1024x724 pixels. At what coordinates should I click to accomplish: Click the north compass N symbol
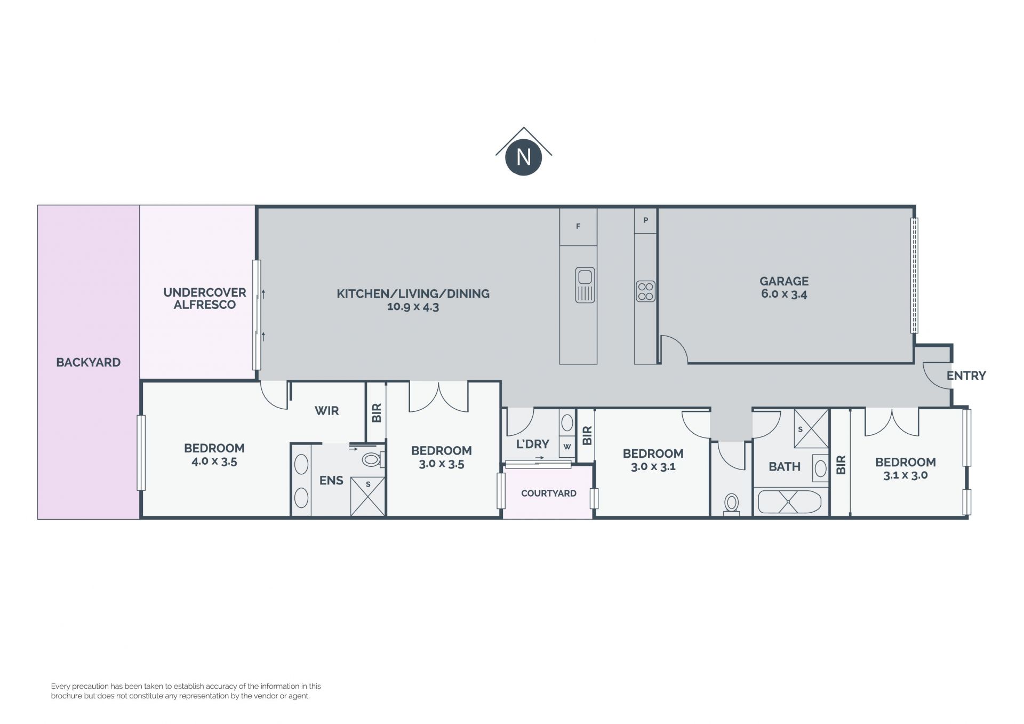[x=523, y=157]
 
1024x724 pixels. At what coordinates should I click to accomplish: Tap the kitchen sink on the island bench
[x=585, y=285]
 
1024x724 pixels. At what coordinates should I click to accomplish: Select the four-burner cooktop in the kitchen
[x=645, y=291]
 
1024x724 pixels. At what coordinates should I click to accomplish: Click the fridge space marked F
[x=578, y=227]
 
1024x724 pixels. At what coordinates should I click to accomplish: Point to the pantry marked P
[x=645, y=220]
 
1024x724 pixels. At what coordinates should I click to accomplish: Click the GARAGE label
[x=784, y=281]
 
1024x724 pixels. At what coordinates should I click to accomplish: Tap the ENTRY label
[x=966, y=376]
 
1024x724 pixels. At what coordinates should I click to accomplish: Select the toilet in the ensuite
[x=373, y=459]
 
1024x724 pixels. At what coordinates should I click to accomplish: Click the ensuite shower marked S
[x=367, y=497]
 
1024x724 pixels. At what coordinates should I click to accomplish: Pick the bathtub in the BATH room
[x=789, y=502]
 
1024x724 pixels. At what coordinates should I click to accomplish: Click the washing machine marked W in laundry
[x=567, y=447]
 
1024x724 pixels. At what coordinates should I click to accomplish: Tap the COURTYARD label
[x=548, y=494]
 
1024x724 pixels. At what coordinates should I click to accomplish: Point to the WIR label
[x=326, y=411]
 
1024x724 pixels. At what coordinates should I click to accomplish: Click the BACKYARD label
[x=89, y=363]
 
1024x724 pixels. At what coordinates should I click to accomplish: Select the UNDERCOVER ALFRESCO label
[x=205, y=299]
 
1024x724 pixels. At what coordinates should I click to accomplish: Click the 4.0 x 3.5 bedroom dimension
[x=214, y=462]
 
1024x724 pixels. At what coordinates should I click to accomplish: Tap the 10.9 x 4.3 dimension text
[x=413, y=307]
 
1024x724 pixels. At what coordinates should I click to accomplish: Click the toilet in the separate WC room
[x=731, y=505]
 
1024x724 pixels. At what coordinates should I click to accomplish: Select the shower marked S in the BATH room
[x=811, y=428]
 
